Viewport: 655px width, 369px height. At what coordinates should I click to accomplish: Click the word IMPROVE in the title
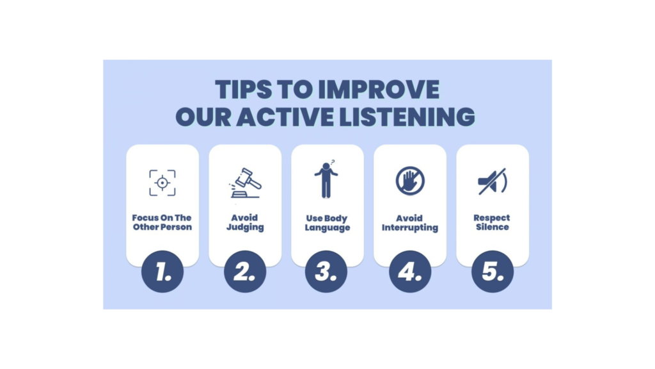coord(379,90)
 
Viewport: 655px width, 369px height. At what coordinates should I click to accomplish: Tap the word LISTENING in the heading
coord(407,117)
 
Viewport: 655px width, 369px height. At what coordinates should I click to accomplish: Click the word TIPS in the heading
coord(244,90)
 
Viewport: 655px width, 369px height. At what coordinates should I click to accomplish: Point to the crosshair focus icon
coord(162,183)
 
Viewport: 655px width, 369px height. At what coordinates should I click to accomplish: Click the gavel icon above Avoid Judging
coord(245,183)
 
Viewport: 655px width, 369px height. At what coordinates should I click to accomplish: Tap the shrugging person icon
coord(326,179)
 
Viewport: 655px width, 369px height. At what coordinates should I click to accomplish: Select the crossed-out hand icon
coord(410,181)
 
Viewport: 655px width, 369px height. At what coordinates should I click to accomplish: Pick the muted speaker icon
coord(493,181)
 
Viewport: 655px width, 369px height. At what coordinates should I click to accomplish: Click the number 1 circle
coord(162,272)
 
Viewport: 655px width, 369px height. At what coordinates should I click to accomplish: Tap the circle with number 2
coord(245,272)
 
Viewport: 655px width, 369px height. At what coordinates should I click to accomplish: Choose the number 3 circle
coord(326,272)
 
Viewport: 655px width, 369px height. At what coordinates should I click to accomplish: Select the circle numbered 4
coord(410,272)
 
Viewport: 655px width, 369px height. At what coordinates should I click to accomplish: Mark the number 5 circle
coord(493,272)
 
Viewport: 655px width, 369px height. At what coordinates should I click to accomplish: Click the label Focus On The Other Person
coord(162,222)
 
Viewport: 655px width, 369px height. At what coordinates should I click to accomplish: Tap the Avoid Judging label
coord(245,222)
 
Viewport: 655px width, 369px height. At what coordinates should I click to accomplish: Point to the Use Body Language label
coord(327,223)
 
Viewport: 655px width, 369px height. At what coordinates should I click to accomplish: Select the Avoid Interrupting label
coord(410,223)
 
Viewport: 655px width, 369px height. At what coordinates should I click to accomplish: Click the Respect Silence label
coord(492,222)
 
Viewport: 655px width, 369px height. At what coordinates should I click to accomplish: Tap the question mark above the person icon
coord(333,162)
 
